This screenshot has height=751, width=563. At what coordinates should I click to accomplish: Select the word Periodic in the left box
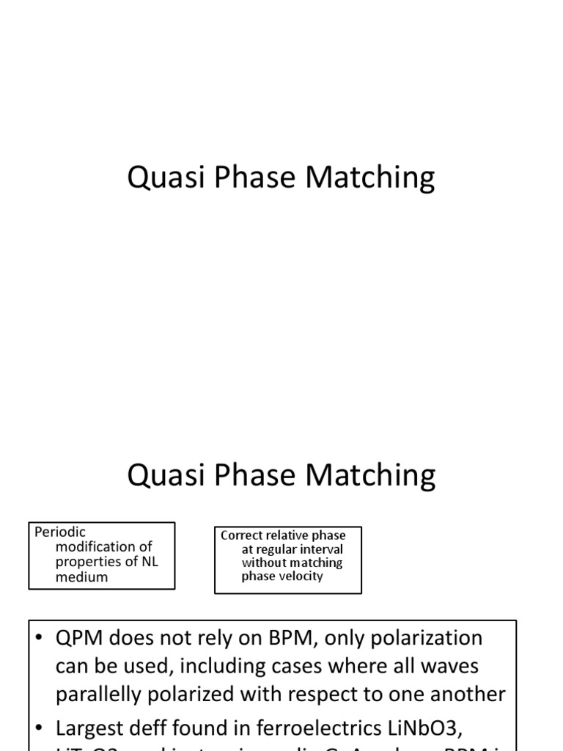(60, 532)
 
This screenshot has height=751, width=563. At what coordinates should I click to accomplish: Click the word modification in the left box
(95, 546)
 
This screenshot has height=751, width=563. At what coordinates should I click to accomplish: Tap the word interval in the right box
(318, 549)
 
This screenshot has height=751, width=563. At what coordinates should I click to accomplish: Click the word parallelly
(106, 694)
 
